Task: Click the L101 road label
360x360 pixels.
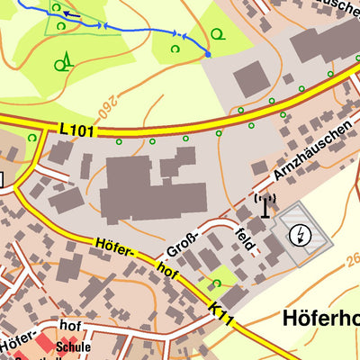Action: pyautogui.click(x=76, y=130)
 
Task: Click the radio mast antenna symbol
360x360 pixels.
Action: pyautogui.click(x=264, y=206)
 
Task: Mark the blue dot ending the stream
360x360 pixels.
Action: pyautogui.click(x=208, y=54)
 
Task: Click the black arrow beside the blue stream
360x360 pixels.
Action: pyautogui.click(x=71, y=15)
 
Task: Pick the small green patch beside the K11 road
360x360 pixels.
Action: pyautogui.click(x=221, y=278)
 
